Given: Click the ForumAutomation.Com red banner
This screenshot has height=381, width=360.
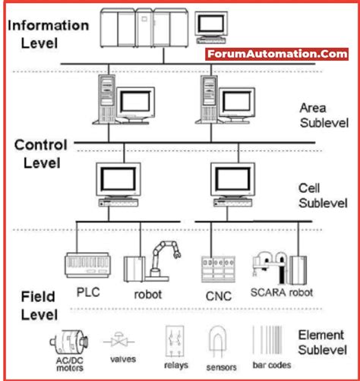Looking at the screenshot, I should coord(276,54).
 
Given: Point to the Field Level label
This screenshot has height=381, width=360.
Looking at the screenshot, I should coord(34,304).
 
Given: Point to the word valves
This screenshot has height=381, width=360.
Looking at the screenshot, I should coord(123,359).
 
